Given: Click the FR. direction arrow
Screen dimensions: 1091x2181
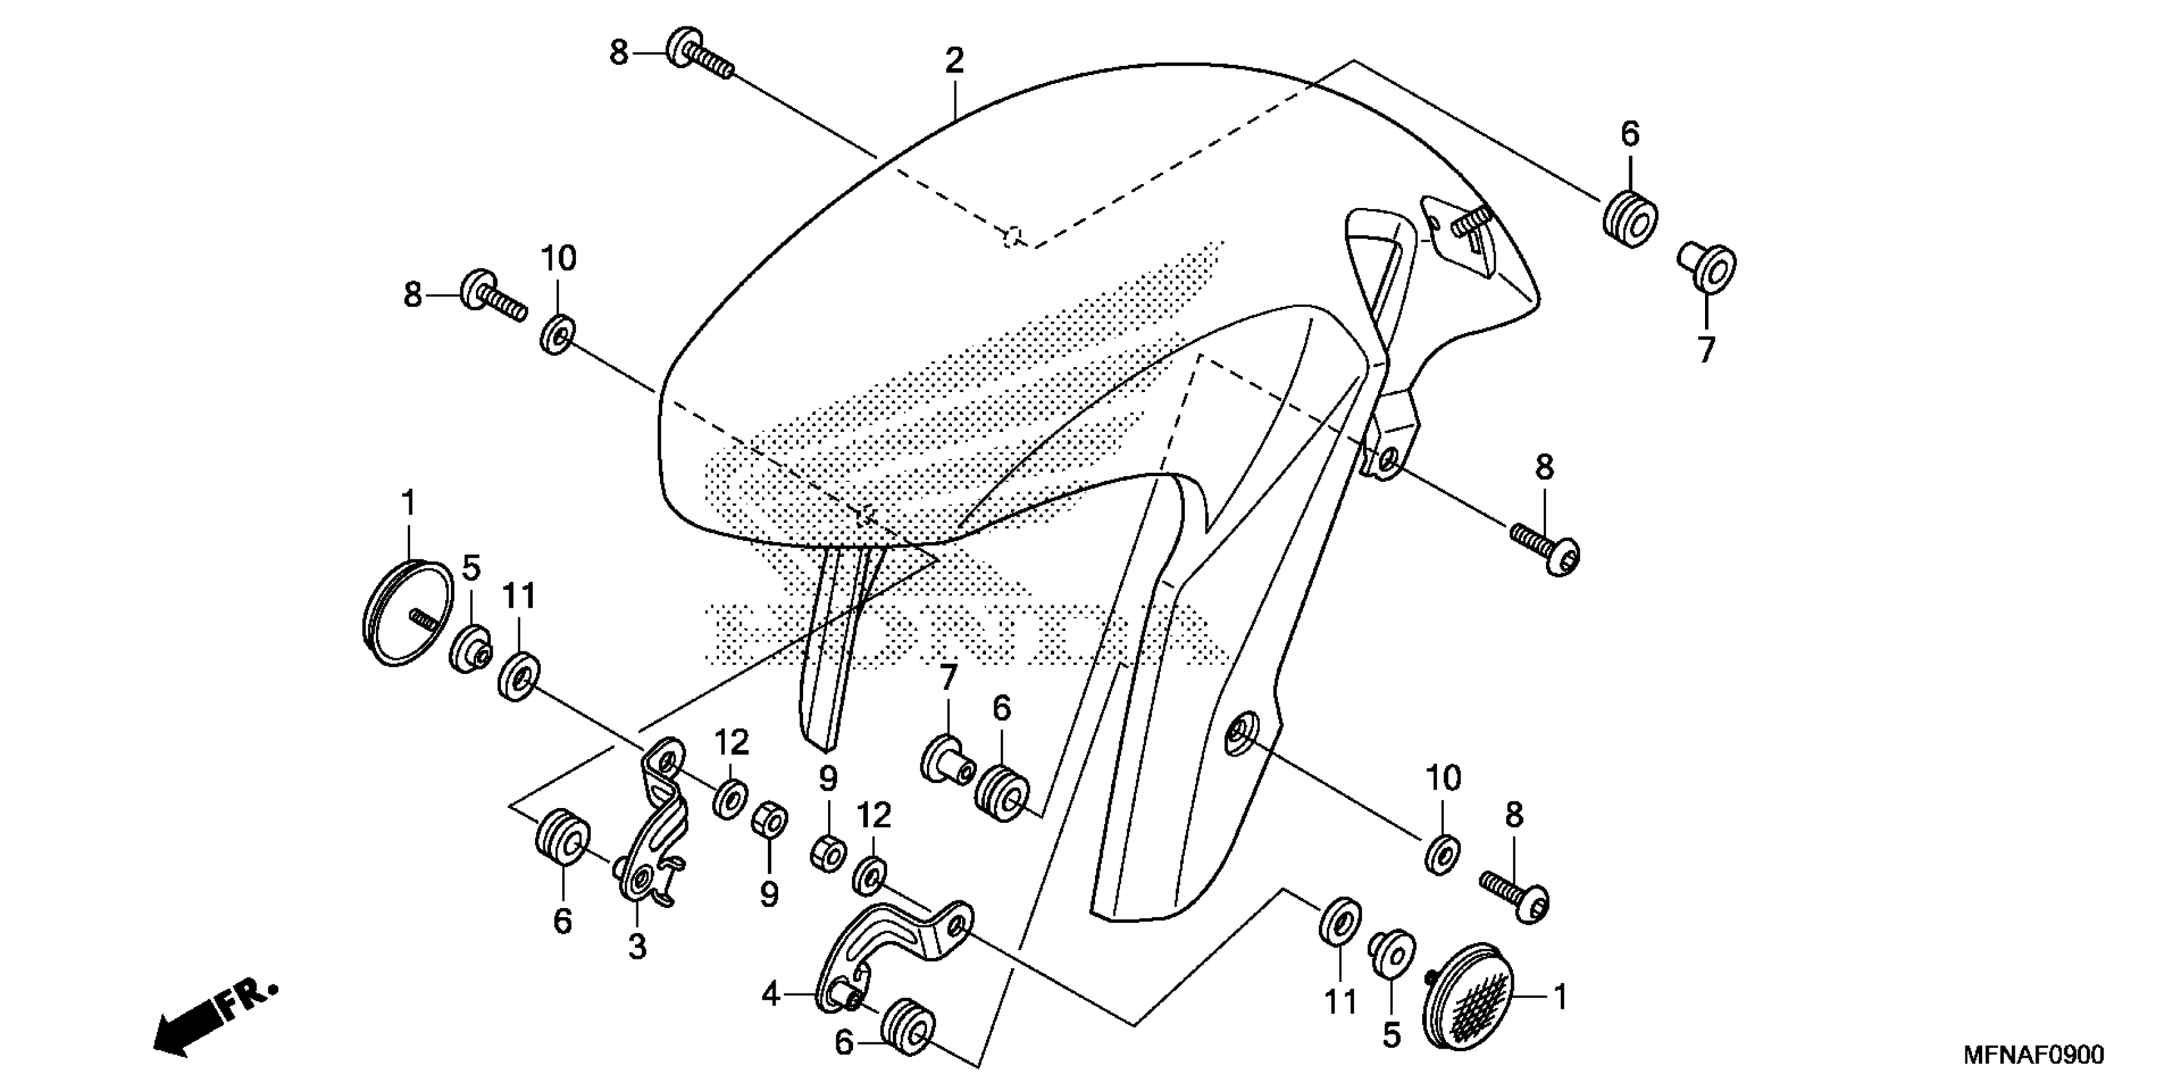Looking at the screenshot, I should [214, 1019].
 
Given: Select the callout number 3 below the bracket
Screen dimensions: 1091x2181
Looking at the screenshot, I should [637, 946].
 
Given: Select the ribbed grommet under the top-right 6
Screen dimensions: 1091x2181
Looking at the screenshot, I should [1629, 219].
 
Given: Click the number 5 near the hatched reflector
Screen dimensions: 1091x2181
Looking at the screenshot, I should [1391, 1035].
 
